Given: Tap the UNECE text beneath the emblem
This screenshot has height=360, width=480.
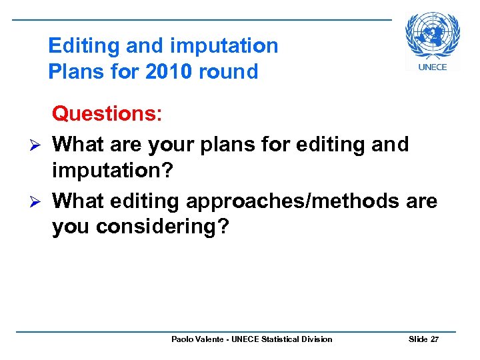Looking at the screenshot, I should pyautogui.click(x=433, y=66).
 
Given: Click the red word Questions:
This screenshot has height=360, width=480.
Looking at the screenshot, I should pyautogui.click(x=107, y=113).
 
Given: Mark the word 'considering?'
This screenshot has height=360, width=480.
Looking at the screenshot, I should pyautogui.click(x=163, y=227).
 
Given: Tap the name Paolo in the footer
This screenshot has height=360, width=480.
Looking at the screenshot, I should pyautogui.click(x=183, y=339).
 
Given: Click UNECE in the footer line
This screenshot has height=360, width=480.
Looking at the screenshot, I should pyautogui.click(x=247, y=339).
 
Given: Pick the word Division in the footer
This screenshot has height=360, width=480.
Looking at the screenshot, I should pyautogui.click(x=318, y=339).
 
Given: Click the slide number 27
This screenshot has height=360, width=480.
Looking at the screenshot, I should pyautogui.click(x=435, y=339).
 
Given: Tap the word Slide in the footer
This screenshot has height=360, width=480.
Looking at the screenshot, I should pyautogui.click(x=418, y=339).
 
